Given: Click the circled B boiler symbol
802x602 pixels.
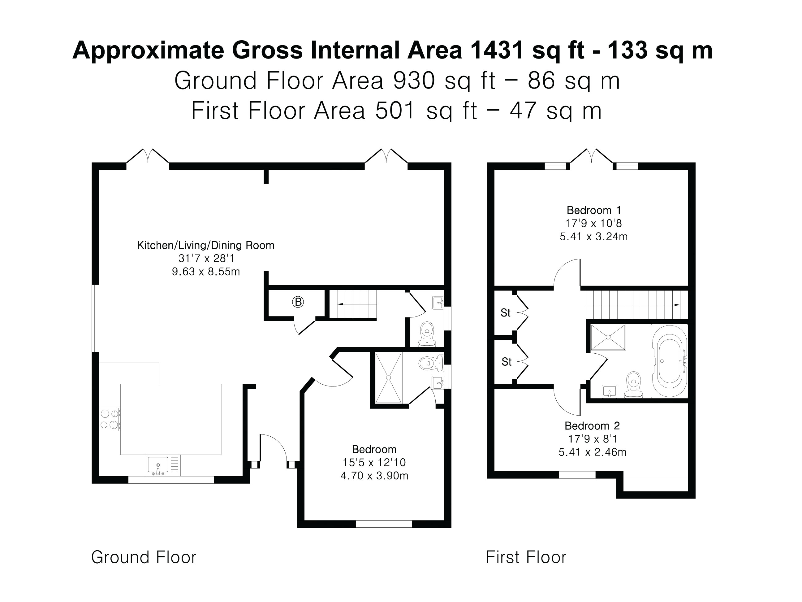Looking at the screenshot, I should [298, 302].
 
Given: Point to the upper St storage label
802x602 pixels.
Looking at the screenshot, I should [505, 313].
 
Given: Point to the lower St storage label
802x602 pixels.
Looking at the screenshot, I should [507, 362].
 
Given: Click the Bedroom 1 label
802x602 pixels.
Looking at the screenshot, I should [593, 210].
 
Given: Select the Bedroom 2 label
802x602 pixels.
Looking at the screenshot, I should [592, 426].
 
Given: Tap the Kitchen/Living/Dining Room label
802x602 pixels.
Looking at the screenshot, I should [205, 245].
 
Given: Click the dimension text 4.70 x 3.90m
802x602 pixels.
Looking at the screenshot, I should [374, 476].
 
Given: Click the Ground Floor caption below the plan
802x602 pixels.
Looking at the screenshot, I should [144, 557].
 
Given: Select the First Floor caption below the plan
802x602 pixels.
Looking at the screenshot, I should [526, 557].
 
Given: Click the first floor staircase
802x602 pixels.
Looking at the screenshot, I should [636, 305].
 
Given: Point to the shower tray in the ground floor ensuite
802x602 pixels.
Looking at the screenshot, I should [388, 378].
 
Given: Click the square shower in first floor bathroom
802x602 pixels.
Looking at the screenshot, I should [608, 338].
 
